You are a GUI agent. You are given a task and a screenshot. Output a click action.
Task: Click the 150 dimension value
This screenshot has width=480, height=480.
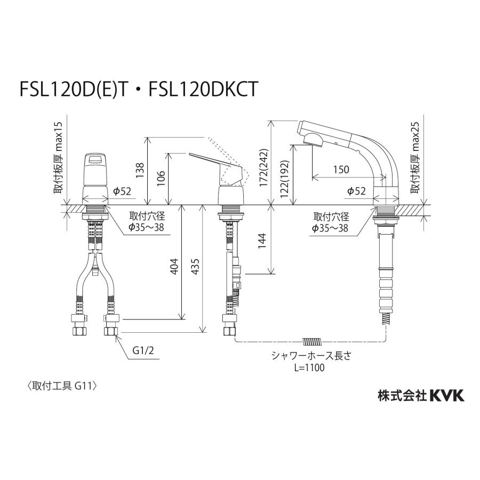coord(340,170)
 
